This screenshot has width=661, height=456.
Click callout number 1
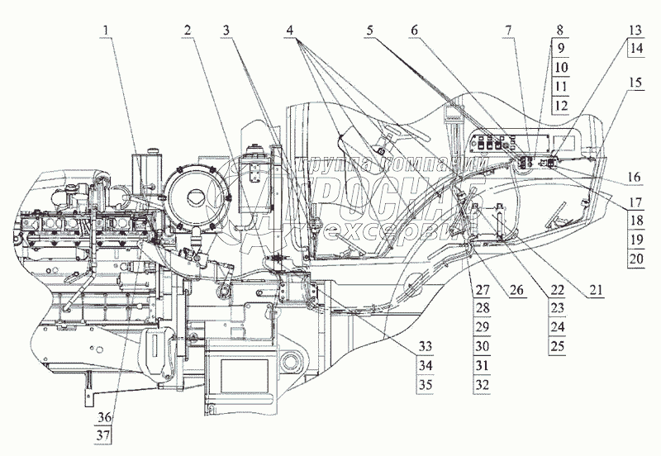(x=104, y=30)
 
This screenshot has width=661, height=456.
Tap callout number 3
(x=226, y=30)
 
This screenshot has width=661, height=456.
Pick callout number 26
(x=516, y=289)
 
